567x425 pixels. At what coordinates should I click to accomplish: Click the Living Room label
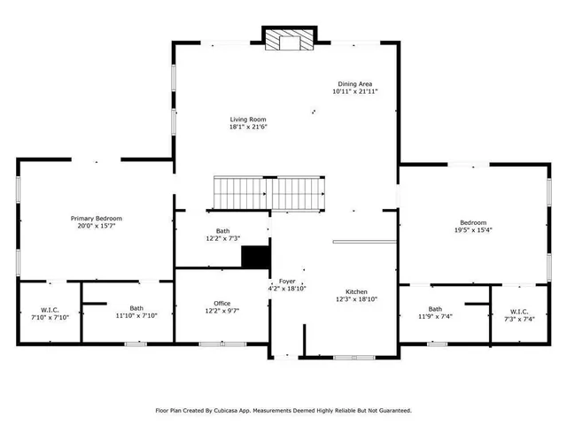[248, 120]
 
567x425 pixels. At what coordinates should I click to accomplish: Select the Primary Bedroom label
[97, 218]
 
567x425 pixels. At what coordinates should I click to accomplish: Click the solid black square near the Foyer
[255, 257]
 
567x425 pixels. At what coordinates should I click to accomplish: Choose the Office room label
[221, 303]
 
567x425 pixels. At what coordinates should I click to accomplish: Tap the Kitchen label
[356, 292]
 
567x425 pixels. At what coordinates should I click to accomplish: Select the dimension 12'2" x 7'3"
[222, 237]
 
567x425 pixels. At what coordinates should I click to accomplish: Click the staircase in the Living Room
[270, 192]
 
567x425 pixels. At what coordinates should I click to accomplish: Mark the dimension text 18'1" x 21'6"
[248, 127]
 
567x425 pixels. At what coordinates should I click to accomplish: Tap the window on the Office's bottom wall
[222, 343]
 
